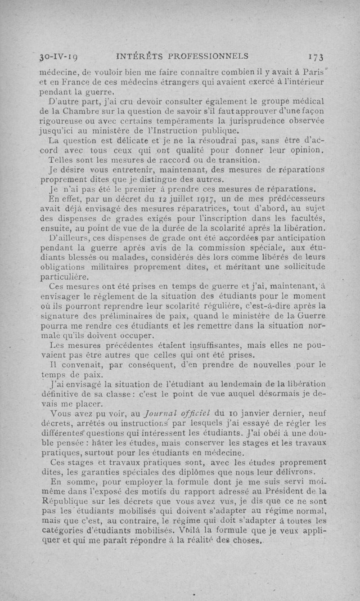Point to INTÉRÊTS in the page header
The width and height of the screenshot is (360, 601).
(x=136, y=56)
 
